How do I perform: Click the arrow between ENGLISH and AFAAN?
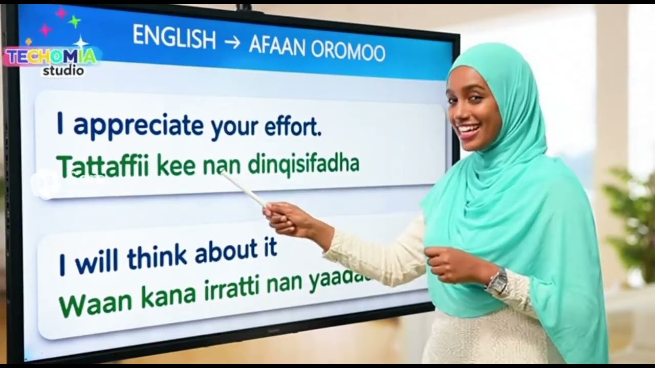click(232, 43)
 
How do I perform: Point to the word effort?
click(293, 128)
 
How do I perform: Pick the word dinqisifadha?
click(303, 165)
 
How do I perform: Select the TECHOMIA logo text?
click(50, 56)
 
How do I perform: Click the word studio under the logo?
click(63, 71)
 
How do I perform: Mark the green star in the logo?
click(75, 21)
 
